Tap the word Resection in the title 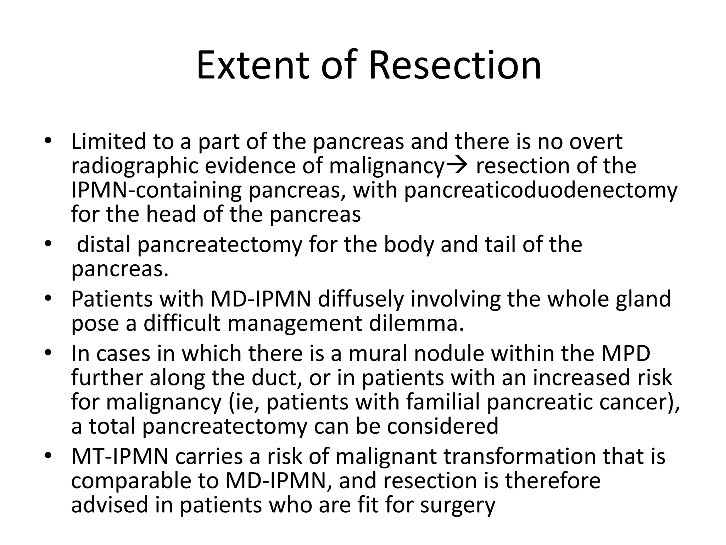[x=455, y=66]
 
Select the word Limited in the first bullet [x=108, y=141]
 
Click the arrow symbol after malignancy [x=457, y=165]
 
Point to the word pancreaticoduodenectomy [x=541, y=190]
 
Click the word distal [x=104, y=244]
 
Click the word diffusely [x=361, y=299]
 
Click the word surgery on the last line [x=457, y=505]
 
